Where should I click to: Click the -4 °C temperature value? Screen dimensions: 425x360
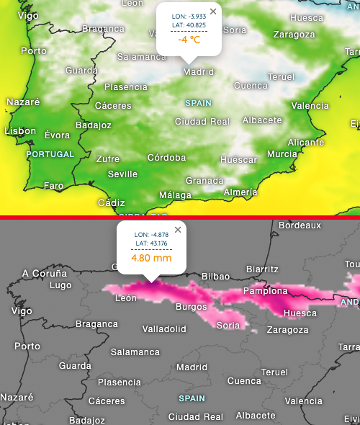[x=189, y=40]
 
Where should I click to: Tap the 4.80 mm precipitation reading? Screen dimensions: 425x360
[x=151, y=257]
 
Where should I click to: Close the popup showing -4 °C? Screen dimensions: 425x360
[x=212, y=12]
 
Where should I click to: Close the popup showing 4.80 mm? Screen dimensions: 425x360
[x=177, y=230]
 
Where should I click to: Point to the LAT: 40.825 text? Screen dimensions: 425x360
[x=189, y=25]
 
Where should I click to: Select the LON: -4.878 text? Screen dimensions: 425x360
[x=151, y=234]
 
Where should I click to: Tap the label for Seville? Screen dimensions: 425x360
[x=122, y=174]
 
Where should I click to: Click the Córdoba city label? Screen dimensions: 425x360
[x=167, y=158]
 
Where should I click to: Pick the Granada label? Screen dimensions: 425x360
[x=204, y=180]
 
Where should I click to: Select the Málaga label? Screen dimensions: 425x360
[x=175, y=195]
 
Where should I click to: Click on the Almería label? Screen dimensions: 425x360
[x=240, y=192]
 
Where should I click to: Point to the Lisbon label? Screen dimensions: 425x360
[x=20, y=131]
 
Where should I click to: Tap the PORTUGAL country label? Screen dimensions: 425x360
[x=50, y=154]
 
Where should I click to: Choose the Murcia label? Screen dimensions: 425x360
[x=282, y=154]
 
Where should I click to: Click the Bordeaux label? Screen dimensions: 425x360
[x=300, y=225]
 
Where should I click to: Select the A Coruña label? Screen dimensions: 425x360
[x=45, y=273]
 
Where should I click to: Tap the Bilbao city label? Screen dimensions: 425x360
[x=215, y=277]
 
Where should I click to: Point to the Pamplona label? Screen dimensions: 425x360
[x=266, y=291]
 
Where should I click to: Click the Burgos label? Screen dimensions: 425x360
[x=191, y=307]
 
